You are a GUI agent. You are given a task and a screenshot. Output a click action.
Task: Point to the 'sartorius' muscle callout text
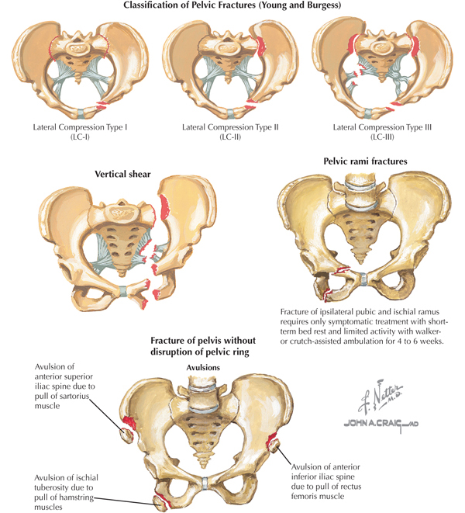62,406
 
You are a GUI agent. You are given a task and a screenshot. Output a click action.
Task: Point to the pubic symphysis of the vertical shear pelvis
123,293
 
